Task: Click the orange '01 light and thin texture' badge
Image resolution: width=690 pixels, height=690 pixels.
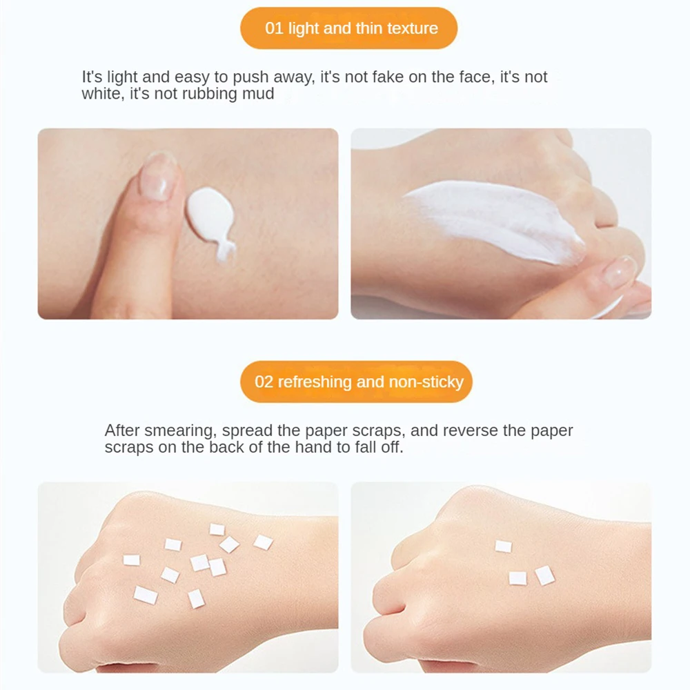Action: (x=348, y=28)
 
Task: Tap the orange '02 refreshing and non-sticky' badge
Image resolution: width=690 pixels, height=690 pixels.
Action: (x=356, y=382)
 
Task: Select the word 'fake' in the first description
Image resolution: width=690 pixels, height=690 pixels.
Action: (x=388, y=77)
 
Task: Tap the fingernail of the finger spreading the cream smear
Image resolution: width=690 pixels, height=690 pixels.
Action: (x=620, y=271)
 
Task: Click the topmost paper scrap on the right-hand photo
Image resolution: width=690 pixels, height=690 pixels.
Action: (x=503, y=546)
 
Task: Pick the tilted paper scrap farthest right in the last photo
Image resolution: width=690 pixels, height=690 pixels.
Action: (x=545, y=575)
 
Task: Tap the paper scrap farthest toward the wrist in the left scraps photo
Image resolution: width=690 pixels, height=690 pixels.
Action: (x=263, y=542)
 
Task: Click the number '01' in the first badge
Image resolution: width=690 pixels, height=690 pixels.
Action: (x=274, y=28)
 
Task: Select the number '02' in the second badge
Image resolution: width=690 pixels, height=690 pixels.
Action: (x=264, y=382)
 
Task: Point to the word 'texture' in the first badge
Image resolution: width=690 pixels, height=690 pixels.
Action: (x=413, y=28)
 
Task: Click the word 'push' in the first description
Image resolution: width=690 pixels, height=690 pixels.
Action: (x=250, y=77)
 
